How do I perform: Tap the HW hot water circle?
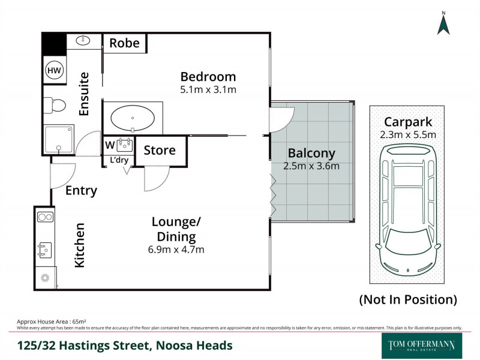(x=54, y=71)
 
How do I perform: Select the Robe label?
(x=125, y=43)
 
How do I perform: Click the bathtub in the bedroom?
(x=133, y=117)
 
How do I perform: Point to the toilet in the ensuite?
(x=55, y=106)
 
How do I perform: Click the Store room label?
(x=160, y=150)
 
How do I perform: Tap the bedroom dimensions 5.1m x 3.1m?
(x=208, y=90)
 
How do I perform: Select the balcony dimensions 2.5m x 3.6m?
(x=311, y=166)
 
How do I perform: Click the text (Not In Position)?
(x=407, y=299)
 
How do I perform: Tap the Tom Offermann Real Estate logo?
(x=418, y=346)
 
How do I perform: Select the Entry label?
(x=81, y=191)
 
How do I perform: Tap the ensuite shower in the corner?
(x=58, y=139)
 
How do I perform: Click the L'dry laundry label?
(x=119, y=160)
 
